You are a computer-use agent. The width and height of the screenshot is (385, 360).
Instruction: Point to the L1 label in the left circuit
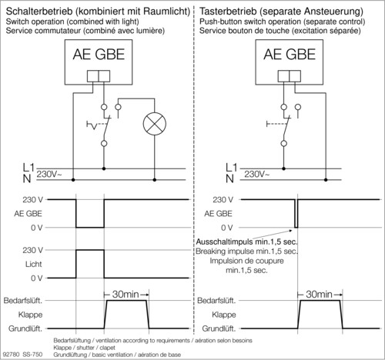pos(9,167)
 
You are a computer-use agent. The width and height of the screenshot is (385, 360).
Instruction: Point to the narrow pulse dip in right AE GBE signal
pos(295,215)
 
